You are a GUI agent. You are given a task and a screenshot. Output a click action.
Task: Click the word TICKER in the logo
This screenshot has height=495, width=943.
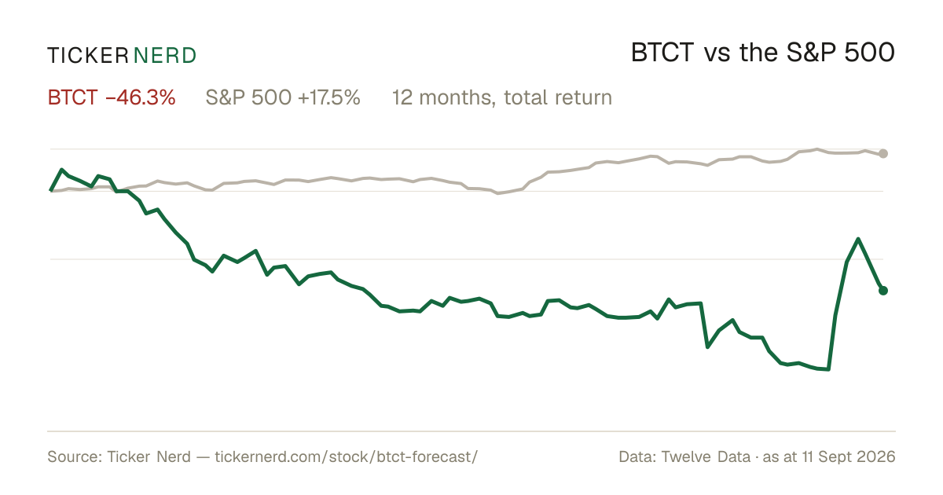click(x=88, y=56)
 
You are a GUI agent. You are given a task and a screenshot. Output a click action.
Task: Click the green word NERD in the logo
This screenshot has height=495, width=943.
click(x=165, y=56)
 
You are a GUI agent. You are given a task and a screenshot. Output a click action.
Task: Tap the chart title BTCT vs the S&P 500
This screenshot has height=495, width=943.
click(x=763, y=53)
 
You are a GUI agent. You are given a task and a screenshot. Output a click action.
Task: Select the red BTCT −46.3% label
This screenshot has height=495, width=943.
click(x=112, y=97)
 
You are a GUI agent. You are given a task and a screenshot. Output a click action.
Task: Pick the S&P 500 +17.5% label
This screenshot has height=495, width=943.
click(x=283, y=97)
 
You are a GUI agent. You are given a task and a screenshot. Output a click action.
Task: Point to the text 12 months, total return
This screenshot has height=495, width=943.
click(x=502, y=97)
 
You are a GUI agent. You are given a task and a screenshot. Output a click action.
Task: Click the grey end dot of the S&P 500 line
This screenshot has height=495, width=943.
click(x=883, y=154)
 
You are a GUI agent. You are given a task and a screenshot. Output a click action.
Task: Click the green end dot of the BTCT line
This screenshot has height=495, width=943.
click(x=883, y=291)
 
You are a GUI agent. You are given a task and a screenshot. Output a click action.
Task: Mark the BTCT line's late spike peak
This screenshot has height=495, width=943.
click(x=858, y=239)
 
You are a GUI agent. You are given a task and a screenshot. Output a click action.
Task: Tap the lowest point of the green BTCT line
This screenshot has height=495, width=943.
click(x=828, y=369)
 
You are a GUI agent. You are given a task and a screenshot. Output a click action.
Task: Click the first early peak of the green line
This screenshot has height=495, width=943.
click(x=62, y=170)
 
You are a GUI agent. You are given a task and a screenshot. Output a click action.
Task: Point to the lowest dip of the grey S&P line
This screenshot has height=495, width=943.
click(x=498, y=193)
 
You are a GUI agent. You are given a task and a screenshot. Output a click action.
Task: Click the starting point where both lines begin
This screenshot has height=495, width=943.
click(x=51, y=191)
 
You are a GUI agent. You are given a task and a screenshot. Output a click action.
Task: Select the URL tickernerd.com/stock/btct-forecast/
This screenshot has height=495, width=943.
click(x=346, y=456)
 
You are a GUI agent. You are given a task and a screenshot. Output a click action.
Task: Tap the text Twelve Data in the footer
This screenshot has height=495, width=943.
click(x=706, y=456)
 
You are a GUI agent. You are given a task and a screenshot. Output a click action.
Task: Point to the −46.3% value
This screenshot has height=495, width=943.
click(x=140, y=97)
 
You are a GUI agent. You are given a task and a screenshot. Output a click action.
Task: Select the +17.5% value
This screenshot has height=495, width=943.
click(x=329, y=97)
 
